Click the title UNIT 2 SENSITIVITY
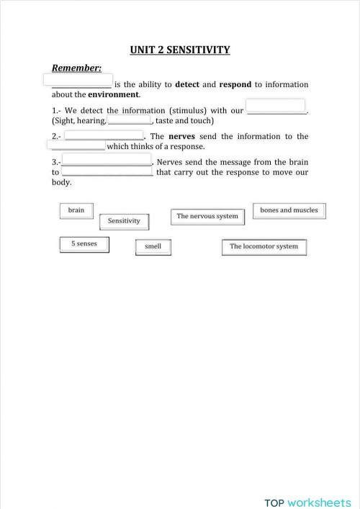click(180, 50)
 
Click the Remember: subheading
click(77, 68)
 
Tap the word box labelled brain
click(76, 210)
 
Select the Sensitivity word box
click(124, 221)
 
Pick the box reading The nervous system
click(207, 216)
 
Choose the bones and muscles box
click(289, 210)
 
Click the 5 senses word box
click(84, 244)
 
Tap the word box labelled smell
click(153, 247)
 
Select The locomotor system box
click(264, 247)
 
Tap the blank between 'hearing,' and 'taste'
click(129, 120)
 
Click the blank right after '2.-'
click(104, 135)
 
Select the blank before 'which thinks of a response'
click(79, 146)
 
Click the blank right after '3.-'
click(107, 160)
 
